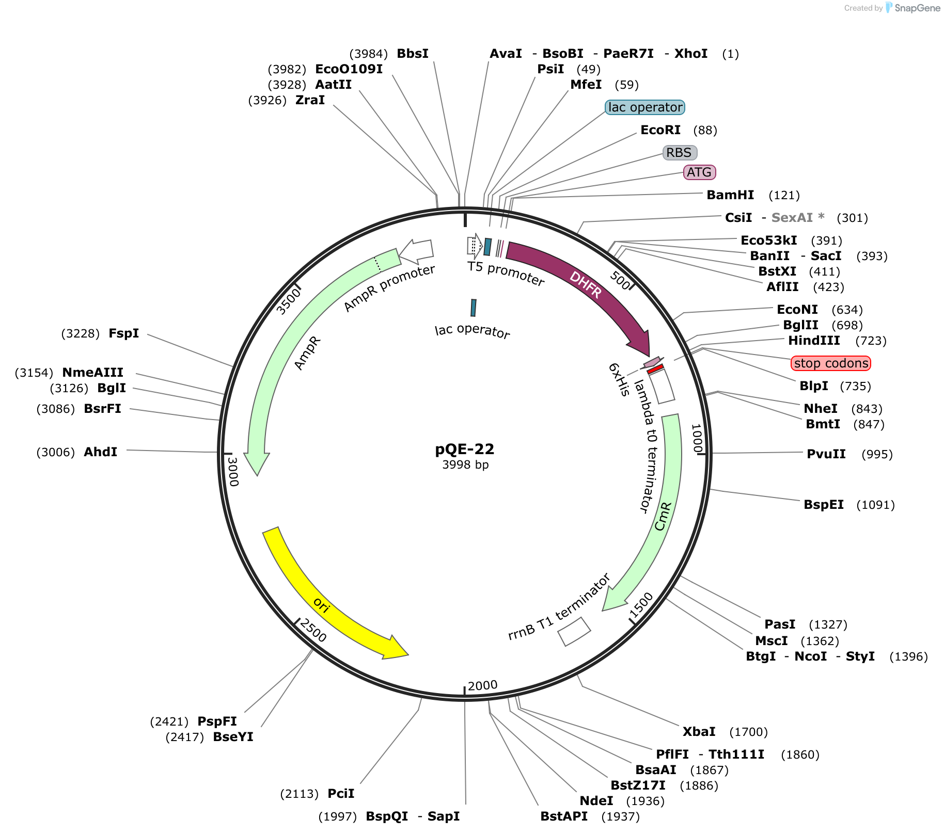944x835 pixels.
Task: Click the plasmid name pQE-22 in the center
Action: point(465,449)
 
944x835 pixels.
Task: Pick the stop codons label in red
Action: point(831,363)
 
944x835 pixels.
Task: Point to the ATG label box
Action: point(700,172)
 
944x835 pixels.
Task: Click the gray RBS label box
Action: point(680,153)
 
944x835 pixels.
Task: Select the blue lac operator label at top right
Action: point(645,107)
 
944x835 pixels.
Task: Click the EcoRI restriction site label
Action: point(660,130)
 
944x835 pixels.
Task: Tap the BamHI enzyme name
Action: point(730,195)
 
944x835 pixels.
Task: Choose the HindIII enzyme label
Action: point(814,341)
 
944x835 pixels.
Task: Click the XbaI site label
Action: point(699,732)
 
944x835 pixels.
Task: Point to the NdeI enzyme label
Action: point(596,801)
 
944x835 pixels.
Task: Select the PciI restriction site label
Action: point(341,794)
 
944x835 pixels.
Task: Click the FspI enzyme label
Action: point(124,333)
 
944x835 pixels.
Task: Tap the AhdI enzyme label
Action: point(101,452)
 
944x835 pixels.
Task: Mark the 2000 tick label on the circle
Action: point(482,685)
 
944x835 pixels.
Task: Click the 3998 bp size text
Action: point(465,465)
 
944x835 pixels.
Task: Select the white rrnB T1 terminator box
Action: point(574,631)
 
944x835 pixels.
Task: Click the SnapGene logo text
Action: point(918,8)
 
